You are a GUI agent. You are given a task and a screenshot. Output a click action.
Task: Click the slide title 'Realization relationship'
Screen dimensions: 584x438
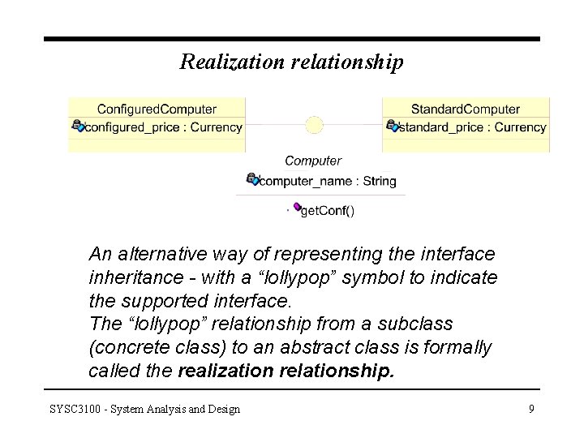point(291,62)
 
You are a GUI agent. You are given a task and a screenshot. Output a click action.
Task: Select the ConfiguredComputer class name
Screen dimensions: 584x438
point(157,109)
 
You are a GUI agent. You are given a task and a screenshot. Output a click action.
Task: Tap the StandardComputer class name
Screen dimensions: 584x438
point(466,109)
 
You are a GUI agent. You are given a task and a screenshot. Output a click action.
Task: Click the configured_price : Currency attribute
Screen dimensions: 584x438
point(163,127)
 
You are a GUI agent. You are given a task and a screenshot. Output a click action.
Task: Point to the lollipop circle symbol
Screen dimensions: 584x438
point(314,126)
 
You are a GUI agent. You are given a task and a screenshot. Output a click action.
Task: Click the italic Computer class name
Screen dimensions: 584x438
point(313,161)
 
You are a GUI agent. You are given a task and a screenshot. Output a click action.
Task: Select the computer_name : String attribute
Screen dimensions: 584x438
point(328,181)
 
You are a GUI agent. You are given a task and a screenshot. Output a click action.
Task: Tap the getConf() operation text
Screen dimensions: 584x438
point(328,211)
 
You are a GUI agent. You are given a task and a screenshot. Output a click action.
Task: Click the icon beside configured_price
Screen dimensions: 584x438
point(78,126)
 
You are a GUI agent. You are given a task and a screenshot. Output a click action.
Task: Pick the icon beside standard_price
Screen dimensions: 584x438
point(393,126)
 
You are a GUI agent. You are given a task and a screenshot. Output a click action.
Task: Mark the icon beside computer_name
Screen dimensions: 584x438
point(252,179)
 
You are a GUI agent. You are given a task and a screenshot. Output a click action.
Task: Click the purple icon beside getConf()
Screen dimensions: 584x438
point(297,208)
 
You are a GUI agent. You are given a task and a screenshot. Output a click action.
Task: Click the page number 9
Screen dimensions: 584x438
point(531,409)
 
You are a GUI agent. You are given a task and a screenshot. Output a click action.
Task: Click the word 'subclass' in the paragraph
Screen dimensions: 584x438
point(419,324)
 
